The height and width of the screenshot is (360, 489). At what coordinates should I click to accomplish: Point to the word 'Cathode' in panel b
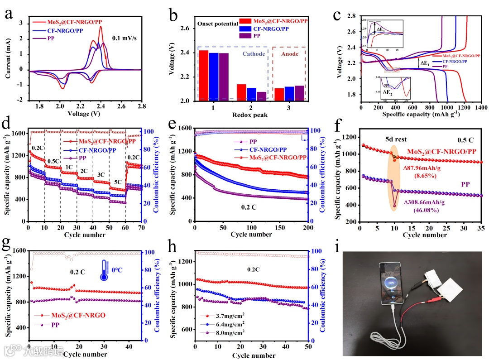point(254,53)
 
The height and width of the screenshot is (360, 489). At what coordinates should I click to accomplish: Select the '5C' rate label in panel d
point(117,188)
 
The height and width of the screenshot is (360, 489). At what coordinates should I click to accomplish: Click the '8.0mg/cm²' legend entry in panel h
point(226,332)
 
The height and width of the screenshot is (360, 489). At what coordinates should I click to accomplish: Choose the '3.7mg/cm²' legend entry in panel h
point(226,315)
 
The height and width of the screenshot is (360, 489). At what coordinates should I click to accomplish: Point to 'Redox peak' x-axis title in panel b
point(252,115)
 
